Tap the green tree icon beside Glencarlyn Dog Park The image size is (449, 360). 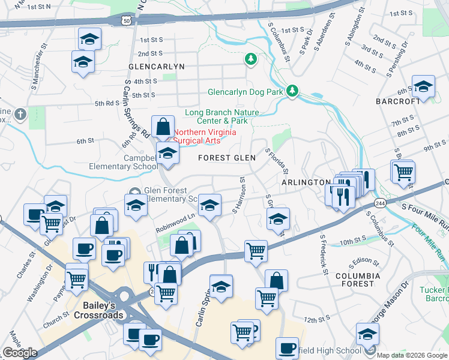(x=292, y=91)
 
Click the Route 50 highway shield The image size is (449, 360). (x=126, y=20)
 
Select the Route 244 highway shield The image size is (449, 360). (x=380, y=202)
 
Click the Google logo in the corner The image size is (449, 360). (x=20, y=353)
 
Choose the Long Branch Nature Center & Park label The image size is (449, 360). (x=222, y=116)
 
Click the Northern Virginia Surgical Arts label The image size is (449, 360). (x=205, y=136)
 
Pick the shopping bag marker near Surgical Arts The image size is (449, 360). (x=163, y=127)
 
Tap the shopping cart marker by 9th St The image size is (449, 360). (x=403, y=171)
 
